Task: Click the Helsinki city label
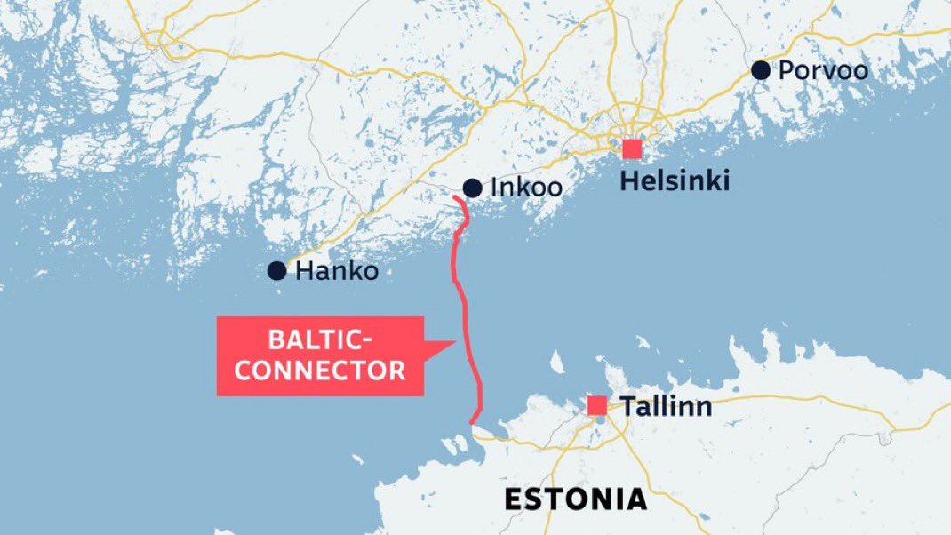point(675,182)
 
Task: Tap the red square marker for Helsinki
point(632,148)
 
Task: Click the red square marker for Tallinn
point(597,405)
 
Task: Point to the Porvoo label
point(823,71)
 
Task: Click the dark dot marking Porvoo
point(760,70)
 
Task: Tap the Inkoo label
point(526,188)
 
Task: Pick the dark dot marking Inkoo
point(472,188)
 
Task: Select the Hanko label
point(337,272)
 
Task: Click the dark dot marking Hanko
point(276,271)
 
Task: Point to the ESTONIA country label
point(575,499)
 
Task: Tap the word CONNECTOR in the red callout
point(320,370)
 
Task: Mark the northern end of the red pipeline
point(454,197)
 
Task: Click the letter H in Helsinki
point(627,182)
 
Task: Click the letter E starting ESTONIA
point(513,499)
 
